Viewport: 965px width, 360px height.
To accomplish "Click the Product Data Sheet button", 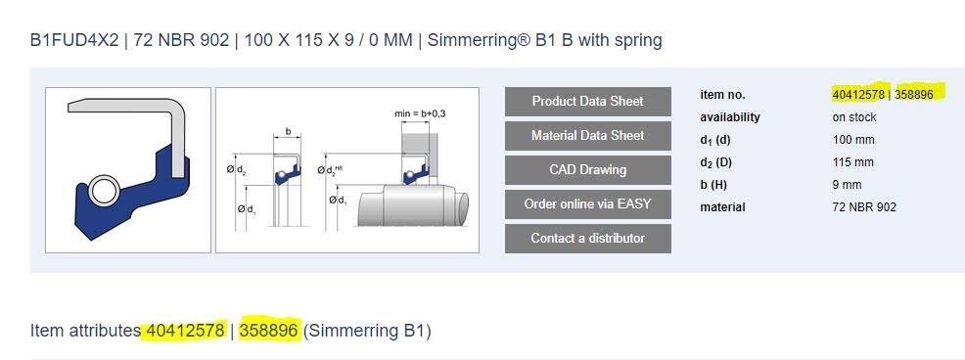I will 587,102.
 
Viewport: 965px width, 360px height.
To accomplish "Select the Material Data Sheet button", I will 587,136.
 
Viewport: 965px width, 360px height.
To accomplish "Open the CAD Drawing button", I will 587,170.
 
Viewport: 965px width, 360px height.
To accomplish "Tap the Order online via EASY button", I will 587,204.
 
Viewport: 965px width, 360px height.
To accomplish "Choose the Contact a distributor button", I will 587,239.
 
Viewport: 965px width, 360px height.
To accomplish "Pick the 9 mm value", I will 847,185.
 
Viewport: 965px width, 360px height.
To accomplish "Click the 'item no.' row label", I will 722,95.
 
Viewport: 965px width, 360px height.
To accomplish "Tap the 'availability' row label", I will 730,117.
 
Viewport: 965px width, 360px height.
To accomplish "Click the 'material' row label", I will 722,207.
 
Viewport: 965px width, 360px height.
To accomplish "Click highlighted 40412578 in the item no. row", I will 858,95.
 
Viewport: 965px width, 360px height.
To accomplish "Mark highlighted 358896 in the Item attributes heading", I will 268,331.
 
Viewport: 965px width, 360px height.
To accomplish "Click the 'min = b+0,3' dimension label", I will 421,114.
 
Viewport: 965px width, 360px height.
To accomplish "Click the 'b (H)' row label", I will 715,185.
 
